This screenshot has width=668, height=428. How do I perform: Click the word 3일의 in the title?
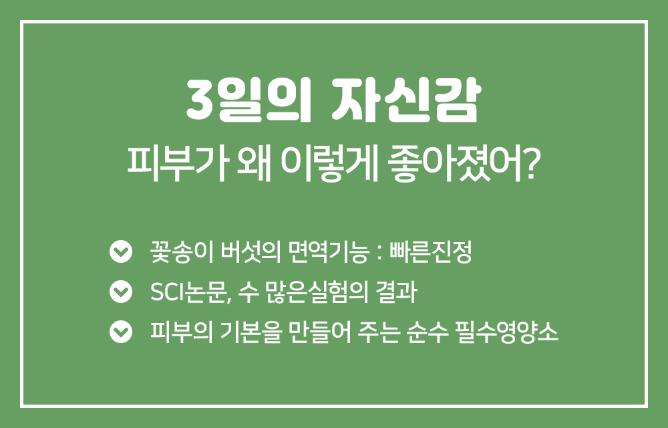(x=248, y=100)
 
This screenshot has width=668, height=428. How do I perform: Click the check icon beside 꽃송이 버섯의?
(x=121, y=251)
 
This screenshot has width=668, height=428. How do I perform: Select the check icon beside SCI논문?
(x=121, y=292)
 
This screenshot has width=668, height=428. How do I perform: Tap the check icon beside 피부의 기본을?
(x=121, y=331)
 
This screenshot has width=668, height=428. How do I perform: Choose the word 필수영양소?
(x=506, y=332)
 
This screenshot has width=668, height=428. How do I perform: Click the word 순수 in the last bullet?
(x=428, y=332)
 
